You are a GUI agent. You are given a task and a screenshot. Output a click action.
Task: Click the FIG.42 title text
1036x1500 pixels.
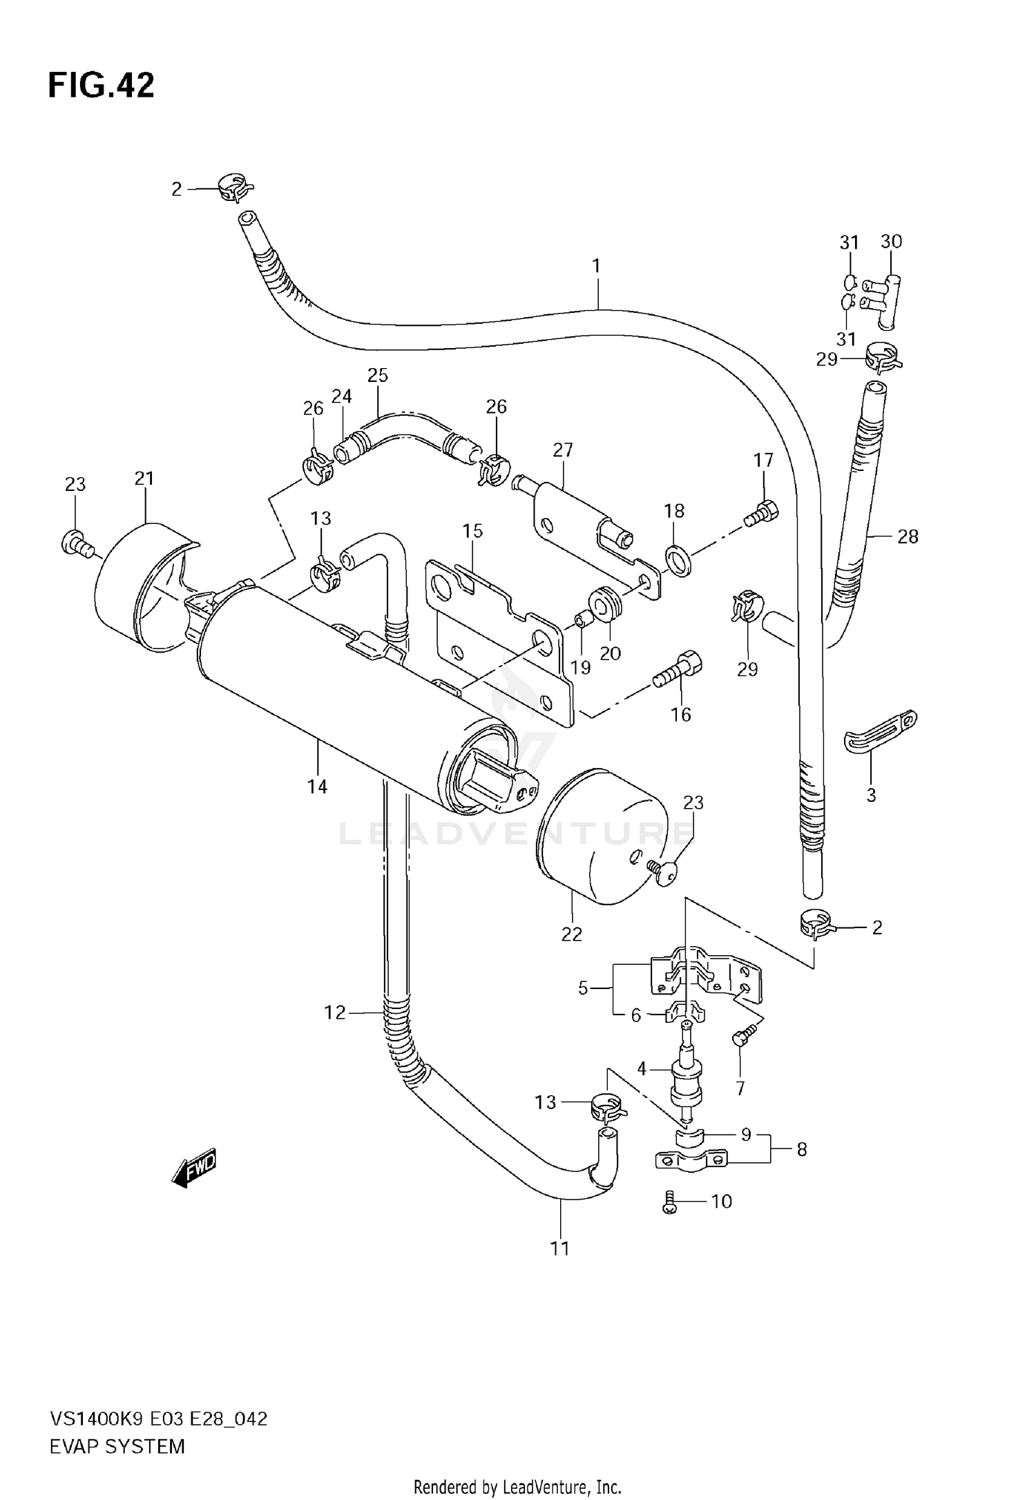101,86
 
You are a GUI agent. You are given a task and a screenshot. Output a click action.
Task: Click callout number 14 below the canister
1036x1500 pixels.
317,787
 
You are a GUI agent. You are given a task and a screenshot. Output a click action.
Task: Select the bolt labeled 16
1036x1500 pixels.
678,669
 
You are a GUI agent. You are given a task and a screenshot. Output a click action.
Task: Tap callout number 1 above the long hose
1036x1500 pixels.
596,266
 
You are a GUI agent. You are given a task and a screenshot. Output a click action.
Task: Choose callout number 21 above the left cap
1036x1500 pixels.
144,478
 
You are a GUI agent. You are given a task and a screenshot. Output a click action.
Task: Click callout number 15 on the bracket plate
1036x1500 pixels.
472,531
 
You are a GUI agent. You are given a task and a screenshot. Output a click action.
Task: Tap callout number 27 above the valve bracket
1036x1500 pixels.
563,450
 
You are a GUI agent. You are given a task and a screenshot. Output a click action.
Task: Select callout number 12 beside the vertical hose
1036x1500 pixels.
334,1012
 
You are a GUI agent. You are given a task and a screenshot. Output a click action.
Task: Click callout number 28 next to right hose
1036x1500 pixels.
907,536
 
